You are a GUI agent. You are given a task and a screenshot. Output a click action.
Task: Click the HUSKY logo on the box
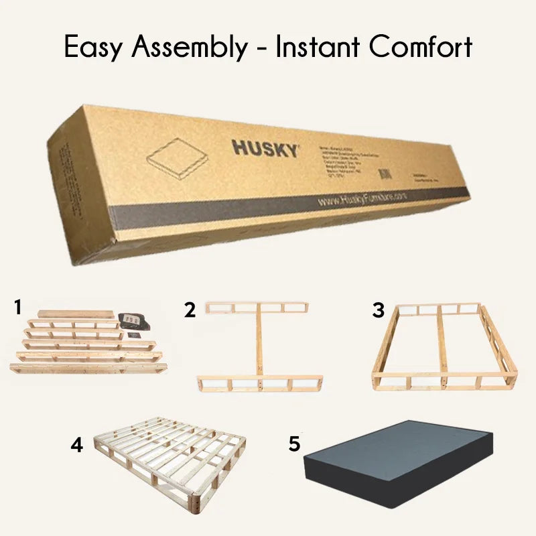tap(265, 148)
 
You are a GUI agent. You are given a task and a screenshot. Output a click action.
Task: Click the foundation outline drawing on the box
tap(177, 155)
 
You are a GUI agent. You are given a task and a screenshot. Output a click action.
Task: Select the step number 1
tap(18, 308)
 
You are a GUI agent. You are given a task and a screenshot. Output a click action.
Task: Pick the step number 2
tap(191, 310)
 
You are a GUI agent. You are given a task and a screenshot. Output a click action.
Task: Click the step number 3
tap(379, 310)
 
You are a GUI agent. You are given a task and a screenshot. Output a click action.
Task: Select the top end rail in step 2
tap(257, 308)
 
